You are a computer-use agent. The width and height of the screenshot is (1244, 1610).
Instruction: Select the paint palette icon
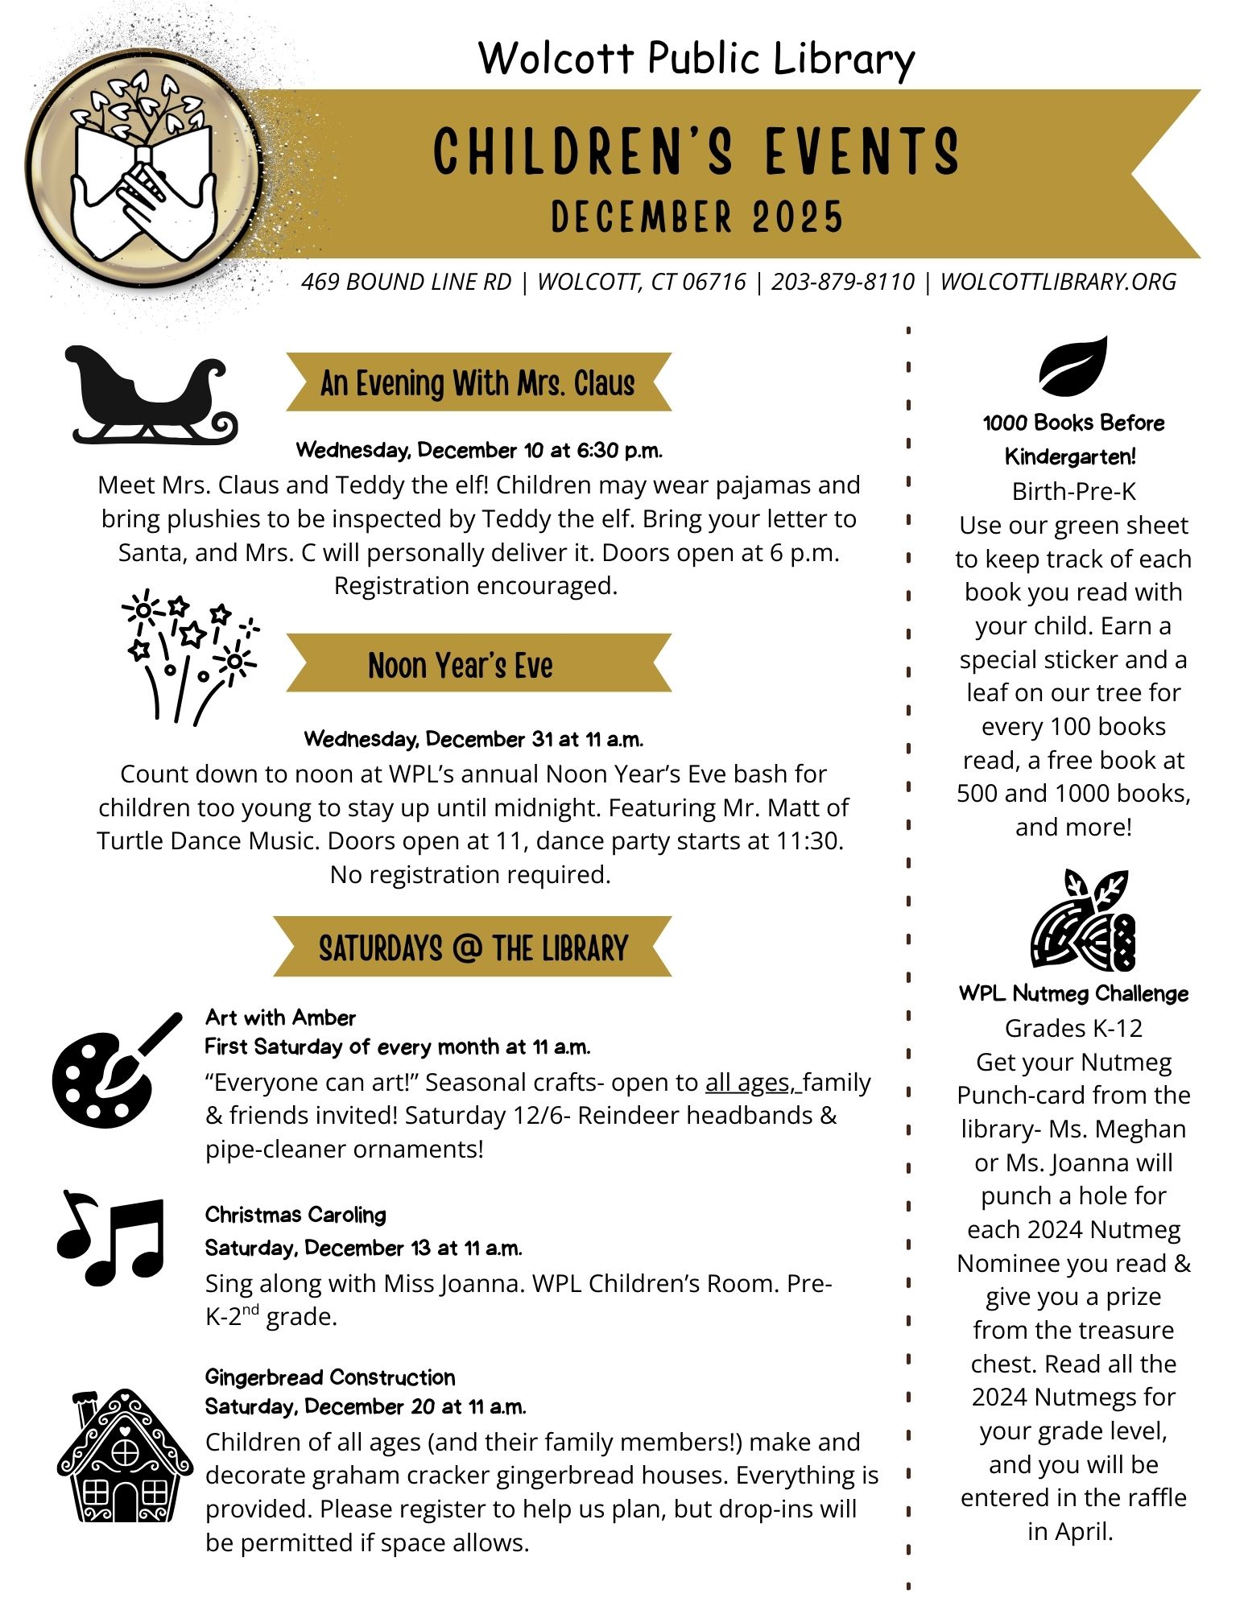[114, 1071]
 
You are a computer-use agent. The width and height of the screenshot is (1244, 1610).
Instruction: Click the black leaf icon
[1072, 365]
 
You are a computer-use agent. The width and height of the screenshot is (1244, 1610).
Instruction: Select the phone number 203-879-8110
[843, 282]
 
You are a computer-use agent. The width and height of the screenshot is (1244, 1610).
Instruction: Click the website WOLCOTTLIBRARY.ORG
[1058, 282]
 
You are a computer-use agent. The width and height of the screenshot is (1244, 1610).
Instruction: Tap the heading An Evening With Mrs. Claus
[477, 383]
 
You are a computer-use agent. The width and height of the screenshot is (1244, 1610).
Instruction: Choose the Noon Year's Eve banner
[461, 666]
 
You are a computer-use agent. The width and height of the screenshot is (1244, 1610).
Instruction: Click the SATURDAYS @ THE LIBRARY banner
[473, 947]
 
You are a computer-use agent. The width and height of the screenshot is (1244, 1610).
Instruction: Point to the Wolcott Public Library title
[696, 59]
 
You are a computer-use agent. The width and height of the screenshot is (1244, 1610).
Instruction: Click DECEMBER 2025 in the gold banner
[697, 217]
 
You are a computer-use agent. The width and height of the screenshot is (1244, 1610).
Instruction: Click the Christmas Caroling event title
[296, 1214]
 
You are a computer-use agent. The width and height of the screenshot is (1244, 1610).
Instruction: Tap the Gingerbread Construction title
[330, 1377]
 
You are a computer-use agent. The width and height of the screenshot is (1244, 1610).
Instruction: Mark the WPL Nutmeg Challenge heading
[1073, 993]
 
